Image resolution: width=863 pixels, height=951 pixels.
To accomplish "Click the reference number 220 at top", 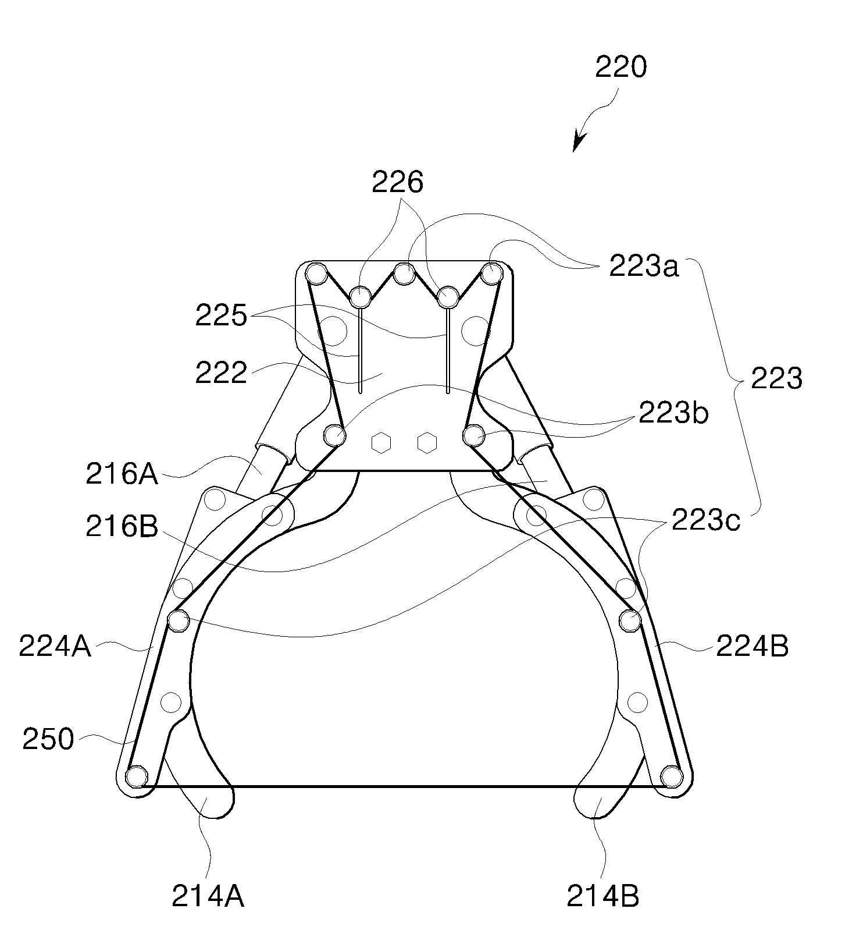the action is click(620, 68).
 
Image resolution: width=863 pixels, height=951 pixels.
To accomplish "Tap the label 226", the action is click(397, 183).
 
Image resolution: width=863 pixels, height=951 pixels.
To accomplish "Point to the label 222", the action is click(221, 372).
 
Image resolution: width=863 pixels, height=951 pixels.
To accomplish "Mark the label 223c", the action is click(705, 520).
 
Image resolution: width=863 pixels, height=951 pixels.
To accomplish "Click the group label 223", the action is click(776, 379).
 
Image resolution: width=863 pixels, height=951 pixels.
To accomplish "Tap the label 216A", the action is click(122, 474).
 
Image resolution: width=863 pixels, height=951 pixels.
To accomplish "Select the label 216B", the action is click(122, 527).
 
